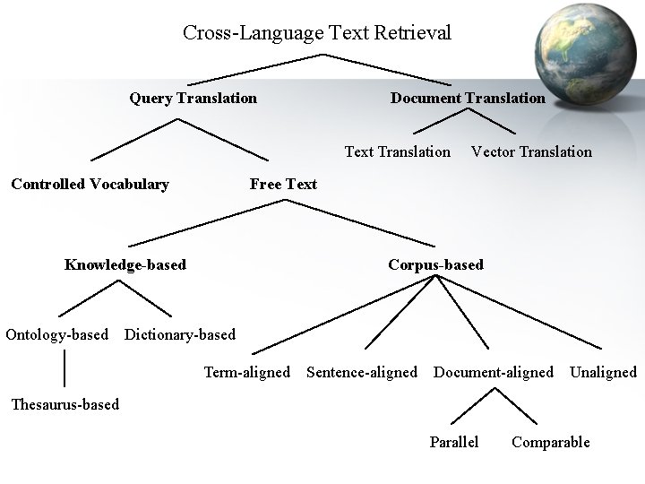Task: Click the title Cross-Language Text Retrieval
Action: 317,33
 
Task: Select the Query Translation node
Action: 193,98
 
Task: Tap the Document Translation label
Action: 467,98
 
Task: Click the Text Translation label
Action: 398,151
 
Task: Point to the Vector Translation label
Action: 531,151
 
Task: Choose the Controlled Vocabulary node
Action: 90,185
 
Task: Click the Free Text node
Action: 283,185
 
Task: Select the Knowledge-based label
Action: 125,264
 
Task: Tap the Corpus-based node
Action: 435,264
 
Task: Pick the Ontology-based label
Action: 56,335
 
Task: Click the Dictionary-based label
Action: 180,335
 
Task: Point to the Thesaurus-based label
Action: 64,404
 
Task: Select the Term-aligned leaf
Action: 247,372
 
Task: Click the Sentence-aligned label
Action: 362,372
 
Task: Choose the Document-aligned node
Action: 494,372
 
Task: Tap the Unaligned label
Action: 603,372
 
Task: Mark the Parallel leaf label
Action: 454,442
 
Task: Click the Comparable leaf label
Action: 550,442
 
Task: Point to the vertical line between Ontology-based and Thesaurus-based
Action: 64,369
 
